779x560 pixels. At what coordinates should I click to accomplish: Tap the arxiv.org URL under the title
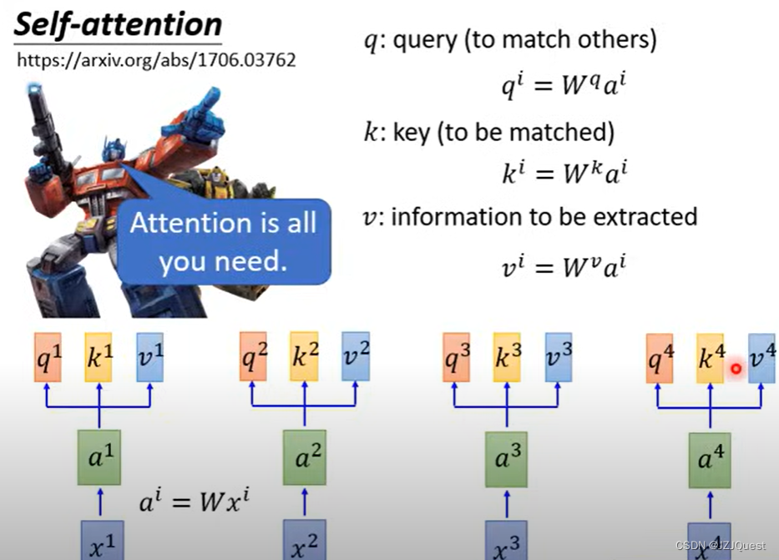tap(156, 61)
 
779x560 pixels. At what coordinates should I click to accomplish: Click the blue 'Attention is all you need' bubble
tap(223, 242)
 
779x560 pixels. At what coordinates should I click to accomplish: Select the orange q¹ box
tap(48, 357)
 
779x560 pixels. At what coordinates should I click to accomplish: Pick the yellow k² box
tap(304, 357)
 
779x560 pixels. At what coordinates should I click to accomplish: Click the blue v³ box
tap(558, 357)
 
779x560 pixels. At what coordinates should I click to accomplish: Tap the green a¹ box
tap(99, 457)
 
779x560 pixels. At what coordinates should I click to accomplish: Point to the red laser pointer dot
tap(736, 368)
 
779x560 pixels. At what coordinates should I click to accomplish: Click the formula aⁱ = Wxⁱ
tap(195, 502)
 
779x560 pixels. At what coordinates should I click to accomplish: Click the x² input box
tap(304, 539)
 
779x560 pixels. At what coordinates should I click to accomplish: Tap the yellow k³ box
tap(506, 357)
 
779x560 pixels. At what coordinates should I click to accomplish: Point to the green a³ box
tap(507, 457)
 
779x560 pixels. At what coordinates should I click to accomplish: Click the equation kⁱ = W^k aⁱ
tap(564, 173)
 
